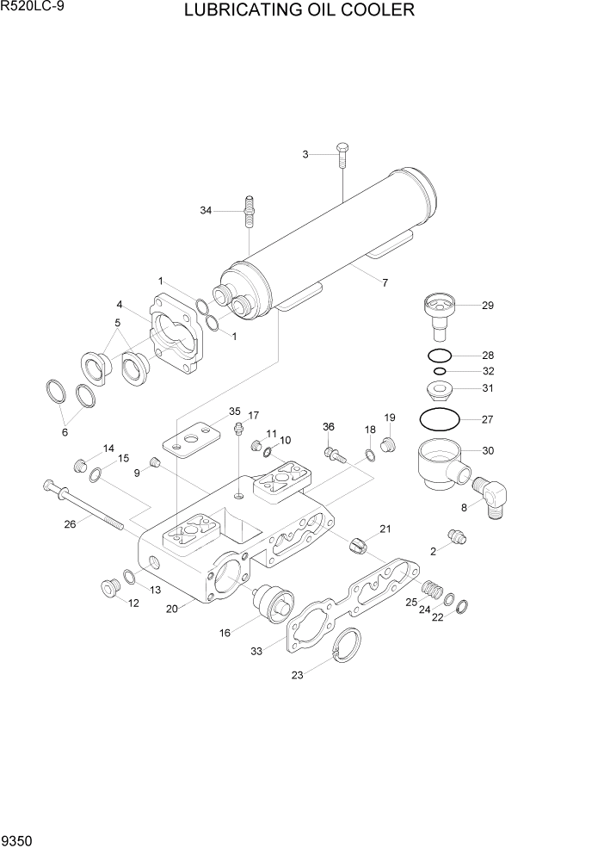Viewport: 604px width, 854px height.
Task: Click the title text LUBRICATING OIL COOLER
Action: pyautogui.click(x=299, y=11)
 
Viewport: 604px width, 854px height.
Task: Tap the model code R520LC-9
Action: pyautogui.click(x=32, y=8)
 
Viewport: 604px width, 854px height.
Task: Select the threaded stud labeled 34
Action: pyautogui.click(x=249, y=212)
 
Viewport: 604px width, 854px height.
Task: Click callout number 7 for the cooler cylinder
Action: pyautogui.click(x=385, y=282)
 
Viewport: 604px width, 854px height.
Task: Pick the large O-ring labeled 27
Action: pyautogui.click(x=439, y=419)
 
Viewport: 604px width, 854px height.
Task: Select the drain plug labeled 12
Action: pyautogui.click(x=110, y=589)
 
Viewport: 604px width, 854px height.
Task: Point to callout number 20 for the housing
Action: pyautogui.click(x=171, y=609)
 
